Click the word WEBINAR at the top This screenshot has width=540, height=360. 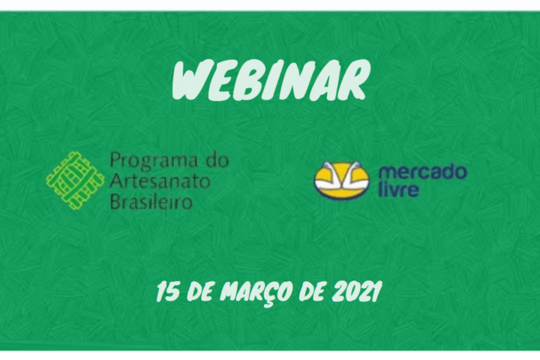coord(270,80)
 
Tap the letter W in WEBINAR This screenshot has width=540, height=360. coord(190,80)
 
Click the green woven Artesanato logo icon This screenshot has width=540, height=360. coord(75,180)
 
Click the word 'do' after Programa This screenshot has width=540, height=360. coord(218,160)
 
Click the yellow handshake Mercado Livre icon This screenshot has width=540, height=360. coord(341,180)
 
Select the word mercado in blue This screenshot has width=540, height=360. coord(423,172)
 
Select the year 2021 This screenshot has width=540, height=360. coord(358,291)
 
